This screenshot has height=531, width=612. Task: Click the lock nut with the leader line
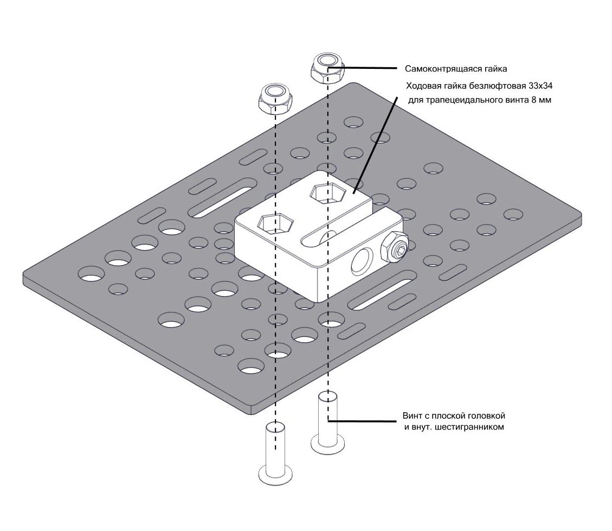(327, 67)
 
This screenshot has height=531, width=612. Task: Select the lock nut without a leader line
(274, 97)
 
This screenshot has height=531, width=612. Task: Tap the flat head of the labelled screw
(327, 444)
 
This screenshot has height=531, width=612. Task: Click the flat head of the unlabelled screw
(276, 472)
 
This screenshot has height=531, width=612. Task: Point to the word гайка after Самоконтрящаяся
(494, 69)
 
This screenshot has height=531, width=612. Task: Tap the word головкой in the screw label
(486, 416)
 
